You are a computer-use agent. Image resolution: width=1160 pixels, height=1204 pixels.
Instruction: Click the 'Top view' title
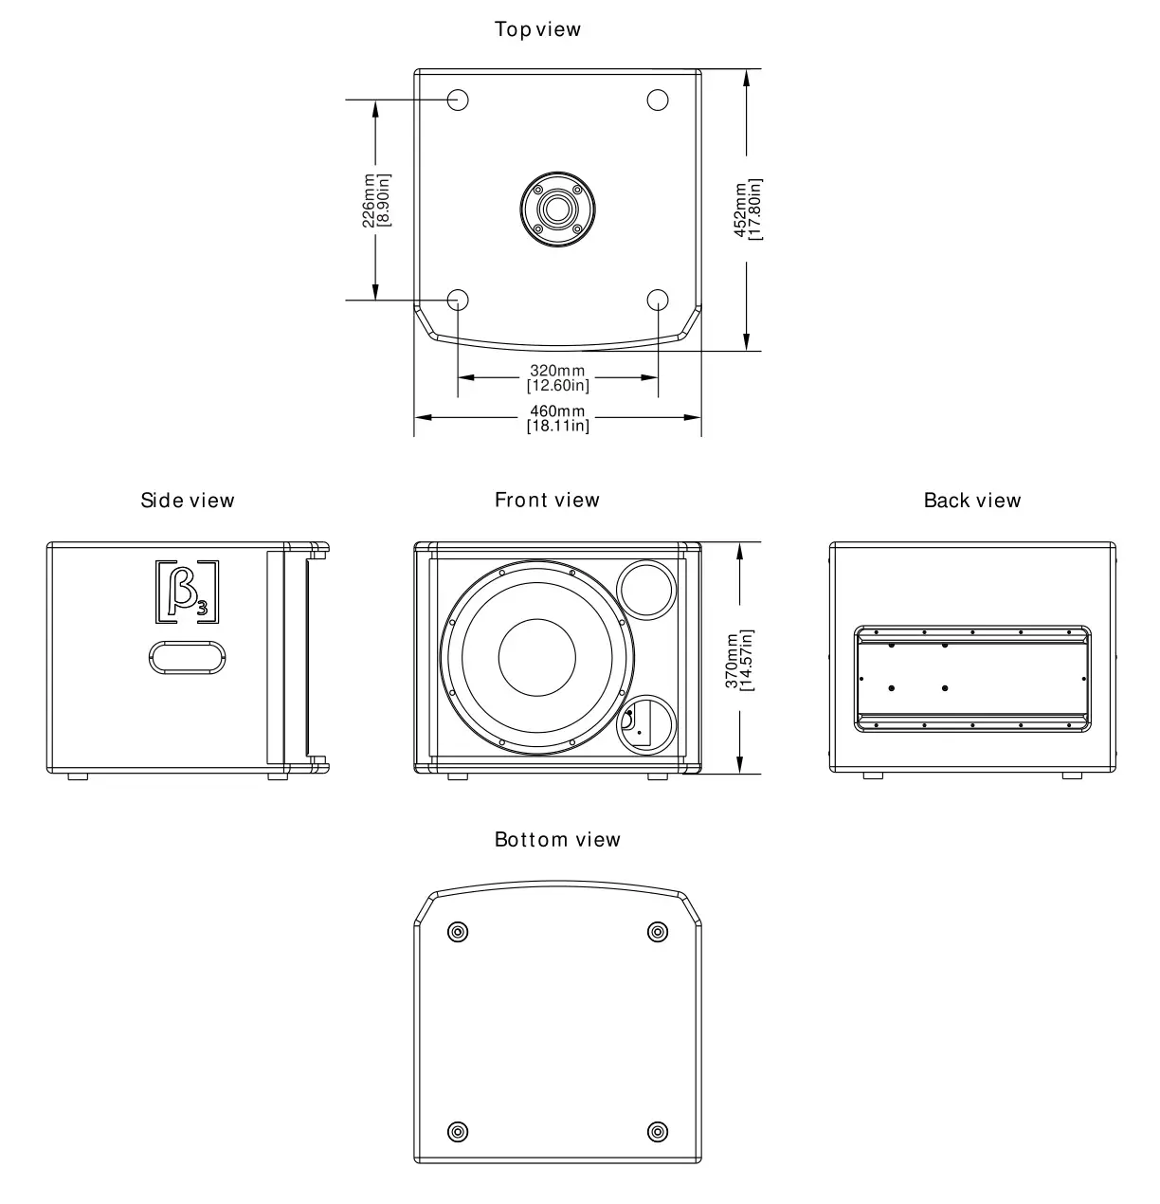(x=537, y=29)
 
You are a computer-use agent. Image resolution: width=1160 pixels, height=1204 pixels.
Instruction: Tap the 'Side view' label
(x=188, y=500)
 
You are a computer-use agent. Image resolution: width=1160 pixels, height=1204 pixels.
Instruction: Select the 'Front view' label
(x=547, y=500)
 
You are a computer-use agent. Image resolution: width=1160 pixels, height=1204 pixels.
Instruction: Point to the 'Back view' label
(x=972, y=500)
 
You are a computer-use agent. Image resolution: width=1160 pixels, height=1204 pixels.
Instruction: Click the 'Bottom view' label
(x=557, y=839)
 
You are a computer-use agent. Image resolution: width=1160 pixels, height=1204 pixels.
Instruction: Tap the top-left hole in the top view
(x=458, y=100)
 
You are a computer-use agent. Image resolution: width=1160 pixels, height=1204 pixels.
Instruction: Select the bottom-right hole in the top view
(x=658, y=300)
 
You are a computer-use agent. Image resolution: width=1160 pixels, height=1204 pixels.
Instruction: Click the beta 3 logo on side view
(x=187, y=593)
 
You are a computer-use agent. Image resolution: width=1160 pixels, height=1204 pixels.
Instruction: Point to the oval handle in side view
(x=187, y=657)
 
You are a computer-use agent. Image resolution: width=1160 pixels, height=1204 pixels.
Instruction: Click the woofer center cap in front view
(x=536, y=659)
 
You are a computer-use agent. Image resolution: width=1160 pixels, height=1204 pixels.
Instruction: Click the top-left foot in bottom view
(x=458, y=932)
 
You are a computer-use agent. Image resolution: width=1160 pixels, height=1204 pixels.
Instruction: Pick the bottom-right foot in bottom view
(x=658, y=1131)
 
